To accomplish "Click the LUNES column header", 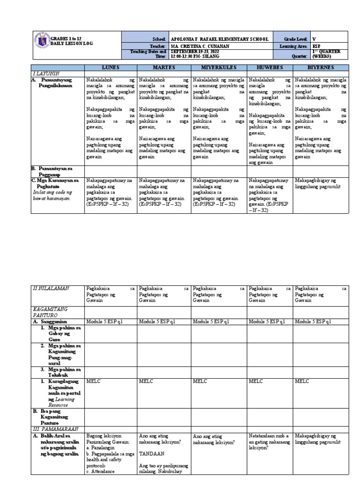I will pos(110,68).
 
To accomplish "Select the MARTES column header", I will pos(164,68).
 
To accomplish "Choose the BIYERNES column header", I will pos(321,68).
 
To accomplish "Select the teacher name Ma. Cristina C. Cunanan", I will pos(199,46).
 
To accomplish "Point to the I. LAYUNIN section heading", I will pos(44,74).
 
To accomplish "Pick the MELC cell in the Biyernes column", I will pos(302,382).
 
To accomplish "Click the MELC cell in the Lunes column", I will pos(93,382).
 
